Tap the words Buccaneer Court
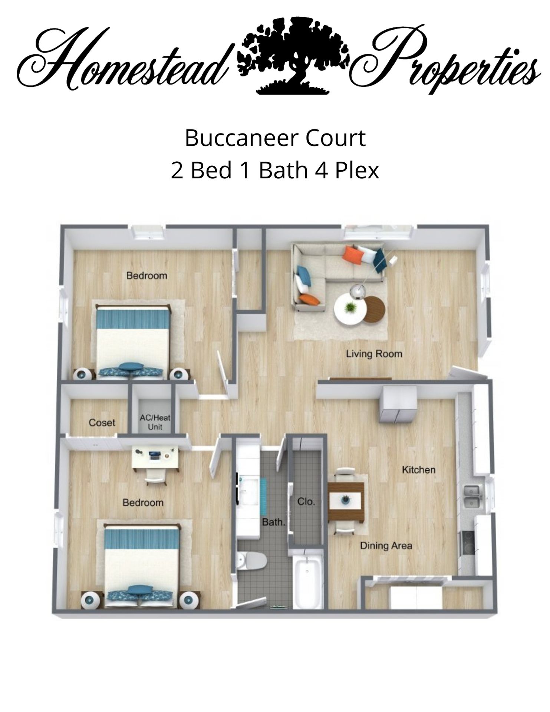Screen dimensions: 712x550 click(x=275, y=138)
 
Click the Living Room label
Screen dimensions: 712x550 click(x=374, y=354)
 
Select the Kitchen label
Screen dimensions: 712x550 click(x=418, y=470)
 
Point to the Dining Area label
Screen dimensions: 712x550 click(x=386, y=545)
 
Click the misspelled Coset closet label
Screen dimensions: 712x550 click(x=102, y=422)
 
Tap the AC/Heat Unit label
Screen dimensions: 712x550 click(x=155, y=422)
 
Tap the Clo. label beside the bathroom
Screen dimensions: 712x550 click(x=306, y=502)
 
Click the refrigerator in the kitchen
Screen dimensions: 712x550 click(x=398, y=404)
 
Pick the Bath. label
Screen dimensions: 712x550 click(x=274, y=522)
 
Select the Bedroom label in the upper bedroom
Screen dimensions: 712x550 click(x=146, y=276)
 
